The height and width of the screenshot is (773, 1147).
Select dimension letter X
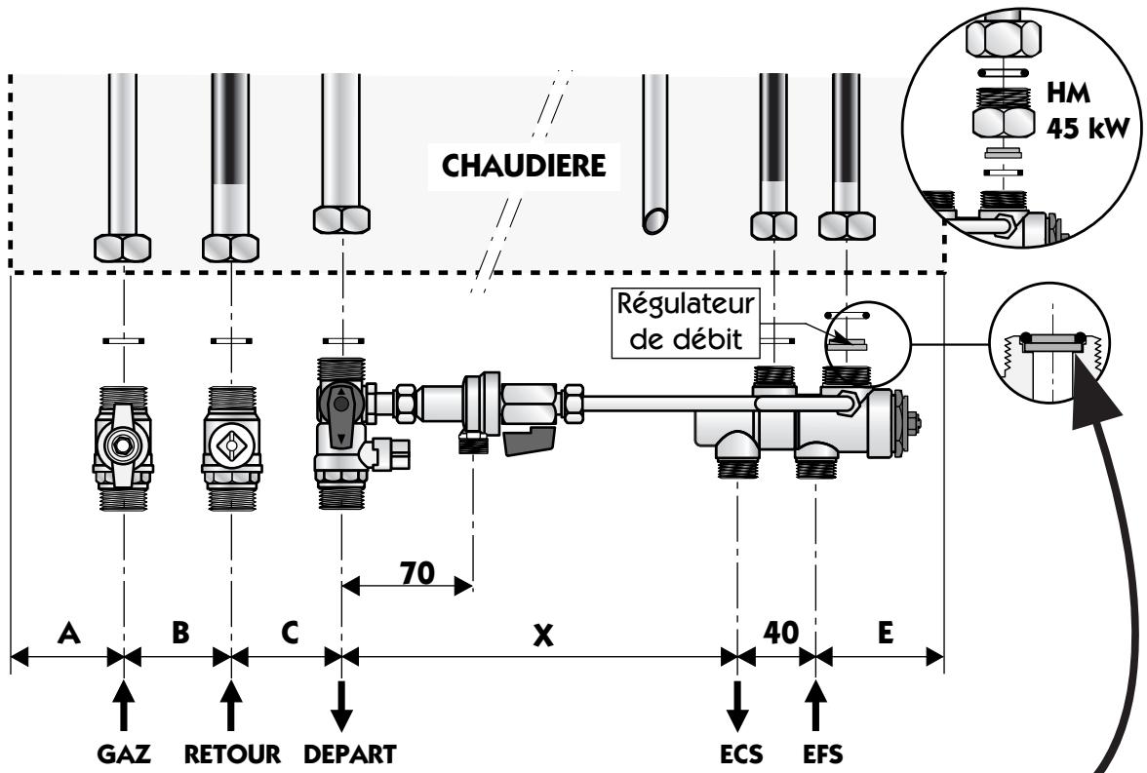pyautogui.click(x=542, y=636)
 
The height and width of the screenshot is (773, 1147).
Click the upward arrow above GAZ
pyautogui.click(x=124, y=707)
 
